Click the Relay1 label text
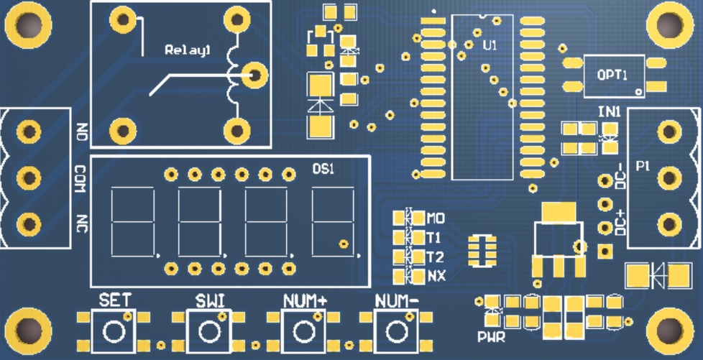click(x=188, y=50)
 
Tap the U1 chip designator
click(x=490, y=45)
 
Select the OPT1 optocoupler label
click(x=612, y=75)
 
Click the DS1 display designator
click(x=323, y=169)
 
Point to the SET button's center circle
click(x=114, y=332)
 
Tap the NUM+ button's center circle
click(x=303, y=332)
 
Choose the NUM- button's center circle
click(x=396, y=332)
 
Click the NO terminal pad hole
click(x=29, y=131)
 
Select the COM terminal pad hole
click(x=29, y=177)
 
